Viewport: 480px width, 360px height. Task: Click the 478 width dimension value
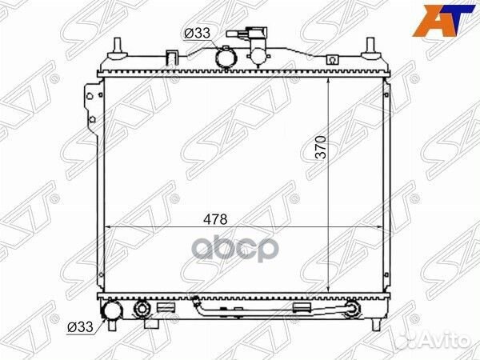[x=216, y=219]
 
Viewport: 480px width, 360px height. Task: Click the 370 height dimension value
[x=322, y=147]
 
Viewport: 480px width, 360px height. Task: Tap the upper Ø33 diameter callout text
[x=197, y=33]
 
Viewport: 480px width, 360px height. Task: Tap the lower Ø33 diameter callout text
[x=80, y=327]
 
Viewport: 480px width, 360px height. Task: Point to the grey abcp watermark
[x=235, y=247]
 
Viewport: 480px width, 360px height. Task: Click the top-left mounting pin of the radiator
[x=118, y=49]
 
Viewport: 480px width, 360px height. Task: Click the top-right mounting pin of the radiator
[x=370, y=49]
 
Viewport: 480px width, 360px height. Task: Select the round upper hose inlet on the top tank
[x=226, y=58]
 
